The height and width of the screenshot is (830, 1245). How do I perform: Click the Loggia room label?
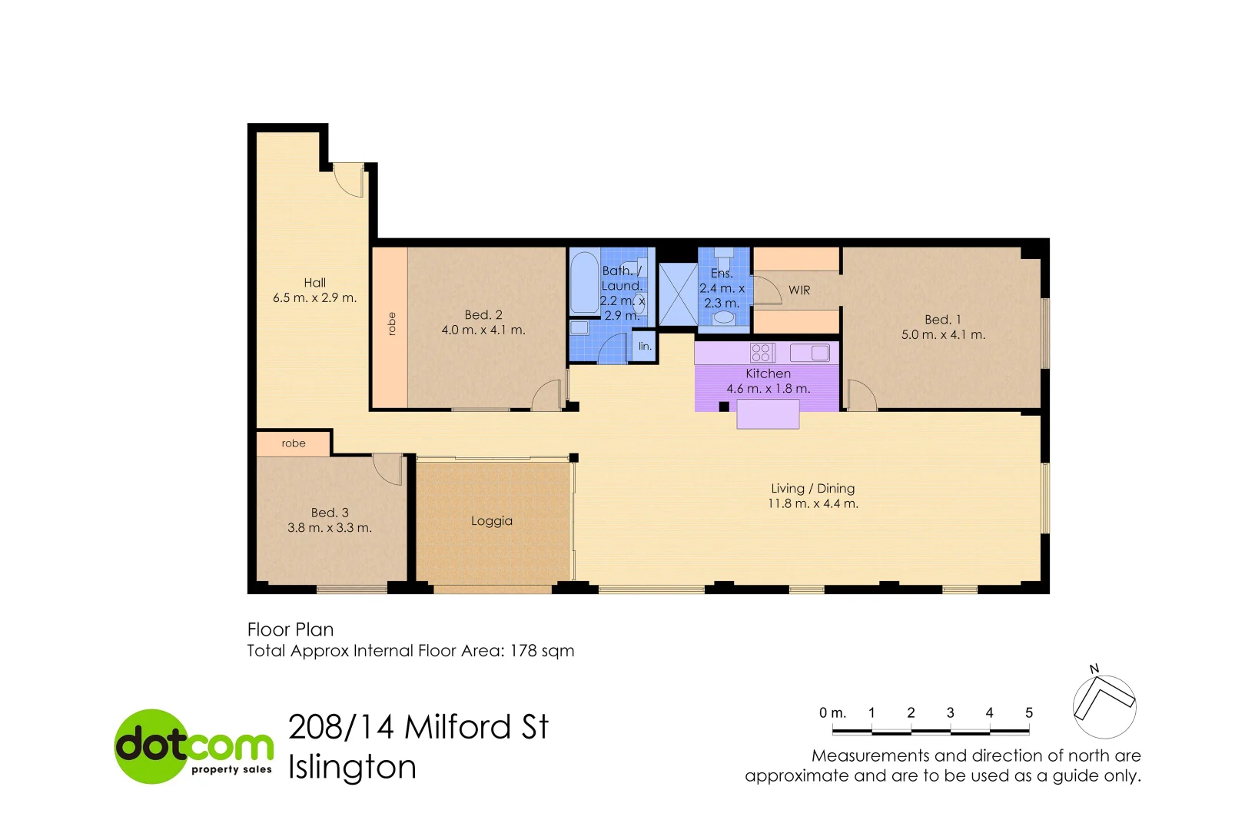coord(492,521)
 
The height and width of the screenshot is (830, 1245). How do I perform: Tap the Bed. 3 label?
coord(330,513)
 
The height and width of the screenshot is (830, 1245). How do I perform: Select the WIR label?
coord(799,290)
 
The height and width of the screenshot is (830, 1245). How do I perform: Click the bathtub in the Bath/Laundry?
coord(585,284)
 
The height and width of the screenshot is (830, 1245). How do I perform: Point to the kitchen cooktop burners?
coord(761,353)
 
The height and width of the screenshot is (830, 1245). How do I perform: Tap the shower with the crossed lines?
coord(678,294)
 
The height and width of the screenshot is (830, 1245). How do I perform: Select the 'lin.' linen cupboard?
coord(645,347)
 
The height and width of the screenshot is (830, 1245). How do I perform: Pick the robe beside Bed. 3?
coord(294,443)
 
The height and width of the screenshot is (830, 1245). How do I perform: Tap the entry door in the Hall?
coord(350,180)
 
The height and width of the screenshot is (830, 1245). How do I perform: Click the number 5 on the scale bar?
coord(1028,713)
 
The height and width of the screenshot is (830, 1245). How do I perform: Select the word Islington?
coord(352,768)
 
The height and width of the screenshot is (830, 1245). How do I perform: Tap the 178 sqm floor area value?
coord(542,651)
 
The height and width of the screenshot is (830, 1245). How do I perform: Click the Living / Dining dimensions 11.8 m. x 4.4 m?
coord(813,504)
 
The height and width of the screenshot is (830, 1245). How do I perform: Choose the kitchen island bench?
coord(768,415)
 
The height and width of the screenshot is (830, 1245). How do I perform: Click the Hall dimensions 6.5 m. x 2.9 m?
coord(314,298)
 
